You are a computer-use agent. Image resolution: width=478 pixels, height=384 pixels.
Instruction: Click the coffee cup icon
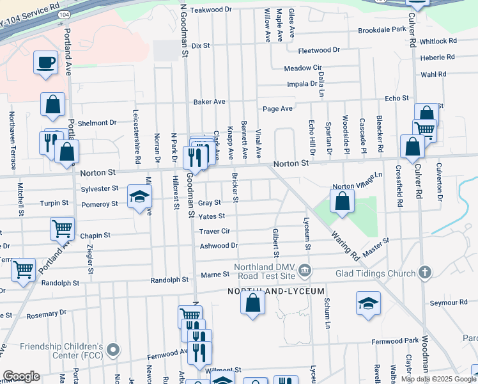pos(47,63)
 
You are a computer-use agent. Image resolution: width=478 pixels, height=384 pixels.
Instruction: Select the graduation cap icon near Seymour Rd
pos(368,305)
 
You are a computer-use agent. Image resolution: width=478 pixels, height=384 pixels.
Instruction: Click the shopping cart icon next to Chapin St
pos(63,228)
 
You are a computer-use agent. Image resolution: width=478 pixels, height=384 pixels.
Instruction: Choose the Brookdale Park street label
pos(382,30)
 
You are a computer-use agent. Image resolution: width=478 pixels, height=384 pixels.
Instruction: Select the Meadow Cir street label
pos(302,68)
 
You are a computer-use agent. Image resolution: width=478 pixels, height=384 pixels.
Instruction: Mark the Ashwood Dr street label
pos(219,245)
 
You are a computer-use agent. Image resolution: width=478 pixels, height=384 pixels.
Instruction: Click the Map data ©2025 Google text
pos(438,379)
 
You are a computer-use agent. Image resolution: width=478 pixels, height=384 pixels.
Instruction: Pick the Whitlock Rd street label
pos(438,40)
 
